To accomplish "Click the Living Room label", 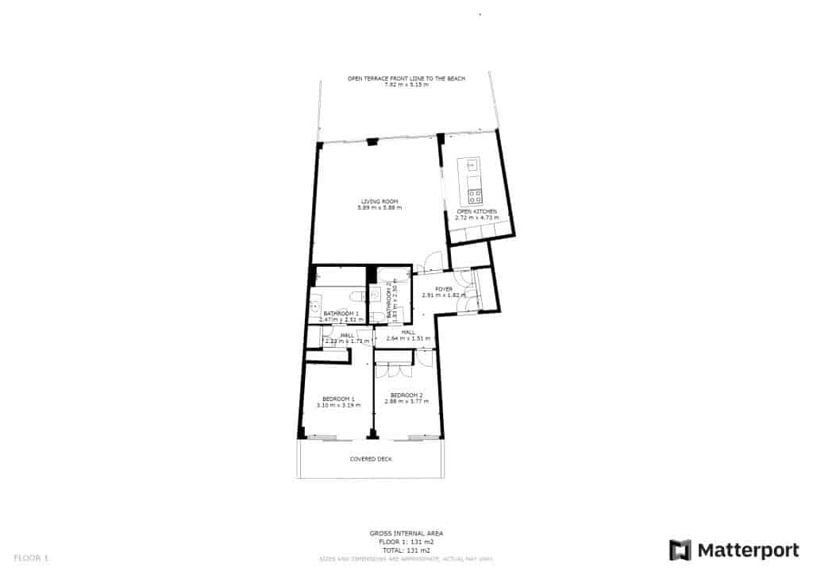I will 379,201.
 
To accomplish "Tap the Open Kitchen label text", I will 482,211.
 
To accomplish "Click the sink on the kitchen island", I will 472,165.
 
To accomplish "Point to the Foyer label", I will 444,289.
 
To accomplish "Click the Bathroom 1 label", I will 341,314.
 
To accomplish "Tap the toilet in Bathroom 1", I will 357,296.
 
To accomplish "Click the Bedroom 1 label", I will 338,399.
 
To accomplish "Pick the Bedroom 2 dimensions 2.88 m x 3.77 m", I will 406,401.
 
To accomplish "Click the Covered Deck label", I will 371,459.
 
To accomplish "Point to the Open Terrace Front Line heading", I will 406,79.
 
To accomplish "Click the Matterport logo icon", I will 680,550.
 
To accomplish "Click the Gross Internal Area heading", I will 406,534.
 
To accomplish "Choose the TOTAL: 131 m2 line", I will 406,550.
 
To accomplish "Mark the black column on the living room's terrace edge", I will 372,141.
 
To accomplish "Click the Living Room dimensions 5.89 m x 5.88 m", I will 379,207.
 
